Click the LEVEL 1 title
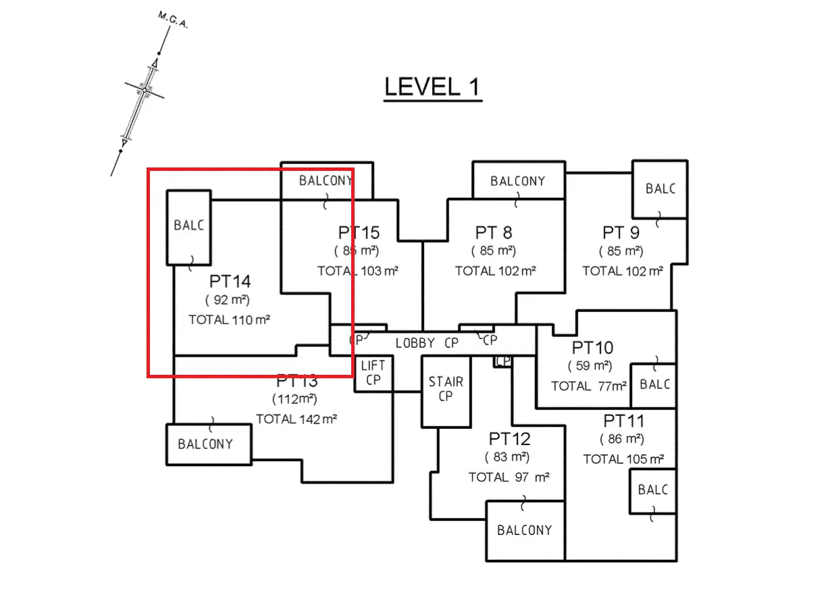[432, 87]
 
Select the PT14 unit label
[230, 281]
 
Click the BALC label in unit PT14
[188, 226]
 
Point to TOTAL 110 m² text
[229, 319]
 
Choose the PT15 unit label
[359, 233]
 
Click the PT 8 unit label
[493, 233]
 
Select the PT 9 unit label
[621, 233]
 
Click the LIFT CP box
[373, 373]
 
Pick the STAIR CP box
[446, 390]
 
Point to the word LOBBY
[415, 343]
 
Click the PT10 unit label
[592, 349]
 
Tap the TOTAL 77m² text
[589, 386]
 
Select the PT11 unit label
[623, 421]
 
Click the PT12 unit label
[510, 439]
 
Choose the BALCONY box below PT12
[524, 530]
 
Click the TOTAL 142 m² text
[296, 419]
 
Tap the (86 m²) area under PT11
[622, 439]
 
